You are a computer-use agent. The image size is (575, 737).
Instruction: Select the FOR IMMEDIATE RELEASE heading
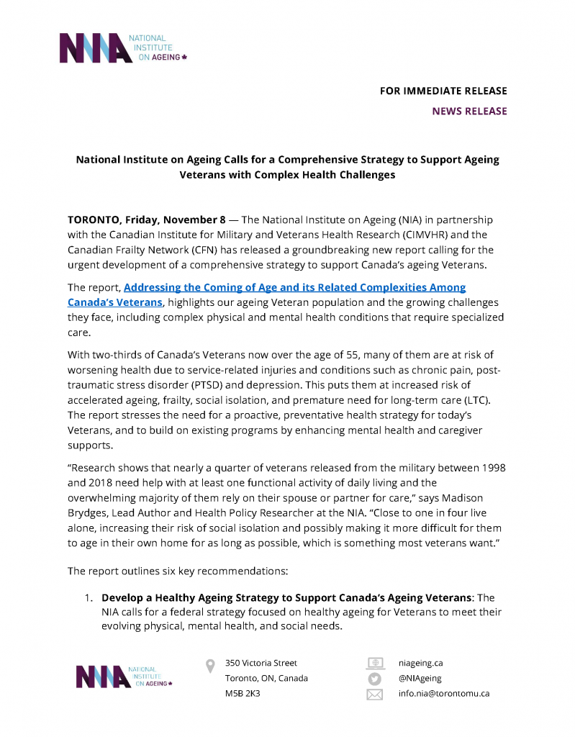tap(443, 91)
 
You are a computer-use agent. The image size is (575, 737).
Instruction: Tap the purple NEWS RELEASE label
tap(469, 112)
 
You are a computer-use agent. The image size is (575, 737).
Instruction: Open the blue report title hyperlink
tap(266, 294)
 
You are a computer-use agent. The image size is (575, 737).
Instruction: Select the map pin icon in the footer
tap(210, 666)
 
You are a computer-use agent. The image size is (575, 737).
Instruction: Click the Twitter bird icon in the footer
tap(375, 678)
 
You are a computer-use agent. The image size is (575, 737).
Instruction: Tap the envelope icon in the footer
tap(375, 695)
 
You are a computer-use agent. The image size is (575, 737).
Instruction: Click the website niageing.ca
tap(421, 663)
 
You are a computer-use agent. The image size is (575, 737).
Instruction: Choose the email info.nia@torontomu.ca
tap(444, 694)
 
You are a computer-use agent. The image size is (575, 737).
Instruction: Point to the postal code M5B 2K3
tap(243, 694)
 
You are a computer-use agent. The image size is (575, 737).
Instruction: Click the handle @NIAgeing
tap(420, 678)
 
